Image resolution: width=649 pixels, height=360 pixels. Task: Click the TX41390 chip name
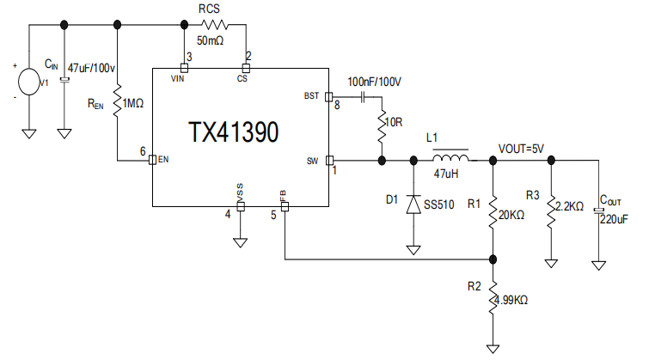pos(233,132)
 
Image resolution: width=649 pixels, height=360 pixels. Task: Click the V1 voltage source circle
pos(29,81)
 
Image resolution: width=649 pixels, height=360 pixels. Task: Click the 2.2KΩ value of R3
pos(570,207)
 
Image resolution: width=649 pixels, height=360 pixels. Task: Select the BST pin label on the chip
pos(312,95)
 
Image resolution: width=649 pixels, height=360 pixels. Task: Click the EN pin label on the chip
pos(163,160)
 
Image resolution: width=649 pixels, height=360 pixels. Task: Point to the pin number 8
pos(337,106)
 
